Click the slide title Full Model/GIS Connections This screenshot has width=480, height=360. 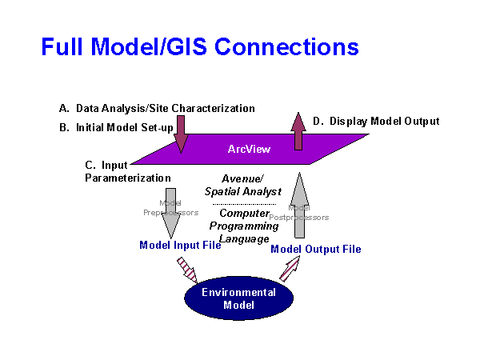pyautogui.click(x=200, y=46)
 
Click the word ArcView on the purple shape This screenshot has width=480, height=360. pyautogui.click(x=248, y=148)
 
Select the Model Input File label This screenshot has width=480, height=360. pyautogui.click(x=180, y=245)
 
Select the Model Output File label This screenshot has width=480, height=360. pyautogui.click(x=316, y=249)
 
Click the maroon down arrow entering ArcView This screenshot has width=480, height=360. pyautogui.click(x=181, y=134)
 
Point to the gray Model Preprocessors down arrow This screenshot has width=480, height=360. pyautogui.click(x=170, y=212)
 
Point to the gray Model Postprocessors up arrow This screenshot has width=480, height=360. pyautogui.click(x=301, y=208)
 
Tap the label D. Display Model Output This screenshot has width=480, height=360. pyautogui.click(x=376, y=122)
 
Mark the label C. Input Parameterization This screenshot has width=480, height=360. pyautogui.click(x=128, y=171)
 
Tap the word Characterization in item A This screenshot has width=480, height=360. pyautogui.click(x=218, y=108)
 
